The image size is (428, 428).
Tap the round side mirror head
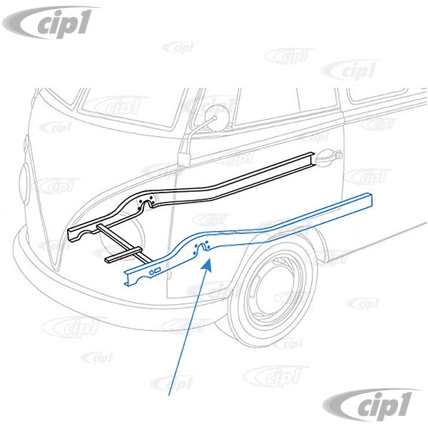[215, 118]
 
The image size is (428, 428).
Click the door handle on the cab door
[328, 158]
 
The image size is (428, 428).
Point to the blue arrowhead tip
[210, 259]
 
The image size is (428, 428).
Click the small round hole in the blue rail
[151, 272]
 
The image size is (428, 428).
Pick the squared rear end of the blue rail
[369, 200]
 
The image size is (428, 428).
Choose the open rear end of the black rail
[313, 159]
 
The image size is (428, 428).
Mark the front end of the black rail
[71, 235]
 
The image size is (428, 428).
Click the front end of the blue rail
[127, 279]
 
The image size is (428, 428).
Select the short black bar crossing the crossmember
[123, 255]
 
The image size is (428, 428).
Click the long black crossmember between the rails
[124, 244]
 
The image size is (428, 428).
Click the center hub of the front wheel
[275, 292]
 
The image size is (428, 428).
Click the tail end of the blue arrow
[169, 395]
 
